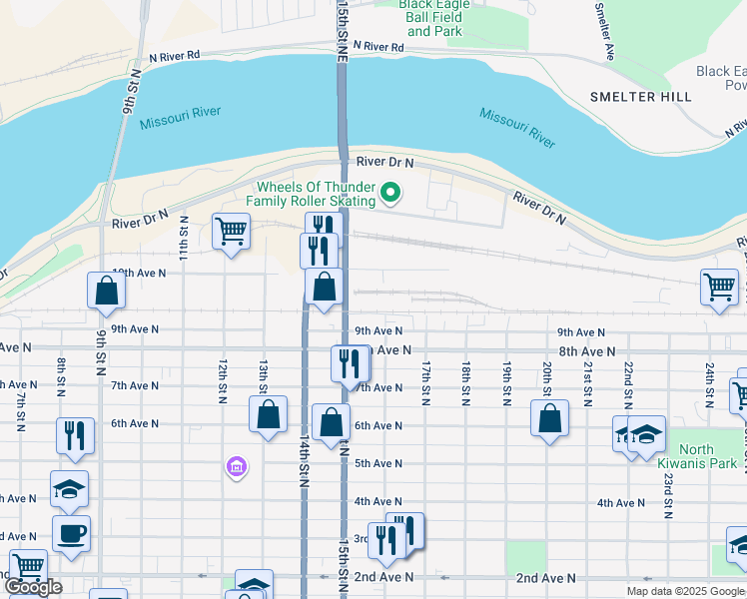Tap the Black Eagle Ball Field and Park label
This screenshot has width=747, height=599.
point(433,18)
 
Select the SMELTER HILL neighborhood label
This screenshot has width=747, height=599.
point(640,97)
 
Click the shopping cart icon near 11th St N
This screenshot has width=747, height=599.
point(231,232)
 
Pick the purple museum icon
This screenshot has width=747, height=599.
point(237,466)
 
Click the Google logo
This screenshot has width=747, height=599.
point(33,587)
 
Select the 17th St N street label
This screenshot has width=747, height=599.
point(426,383)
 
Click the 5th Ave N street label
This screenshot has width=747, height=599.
point(377,463)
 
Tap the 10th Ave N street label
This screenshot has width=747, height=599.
point(138,273)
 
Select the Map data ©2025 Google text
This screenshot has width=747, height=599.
point(685,591)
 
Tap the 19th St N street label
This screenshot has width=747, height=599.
point(506,383)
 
